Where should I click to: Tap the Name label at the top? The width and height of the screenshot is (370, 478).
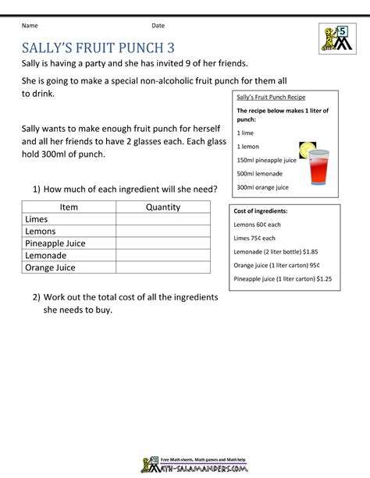point(30,26)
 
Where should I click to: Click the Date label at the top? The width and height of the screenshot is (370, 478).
point(158,26)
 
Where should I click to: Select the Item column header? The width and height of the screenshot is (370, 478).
point(69,207)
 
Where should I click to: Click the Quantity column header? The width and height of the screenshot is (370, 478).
point(162,207)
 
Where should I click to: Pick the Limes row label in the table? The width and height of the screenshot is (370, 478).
point(37,219)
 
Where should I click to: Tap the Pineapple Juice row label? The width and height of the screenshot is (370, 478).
point(55,243)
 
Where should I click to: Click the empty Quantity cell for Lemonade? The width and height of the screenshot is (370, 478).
point(162,256)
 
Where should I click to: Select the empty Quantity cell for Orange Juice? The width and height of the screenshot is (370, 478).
point(162,267)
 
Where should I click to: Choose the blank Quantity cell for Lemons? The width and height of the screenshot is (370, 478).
point(162,232)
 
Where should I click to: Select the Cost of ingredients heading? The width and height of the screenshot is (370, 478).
point(260,211)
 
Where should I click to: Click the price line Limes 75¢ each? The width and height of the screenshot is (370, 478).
point(254,238)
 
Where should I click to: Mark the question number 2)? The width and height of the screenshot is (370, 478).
point(37,297)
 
